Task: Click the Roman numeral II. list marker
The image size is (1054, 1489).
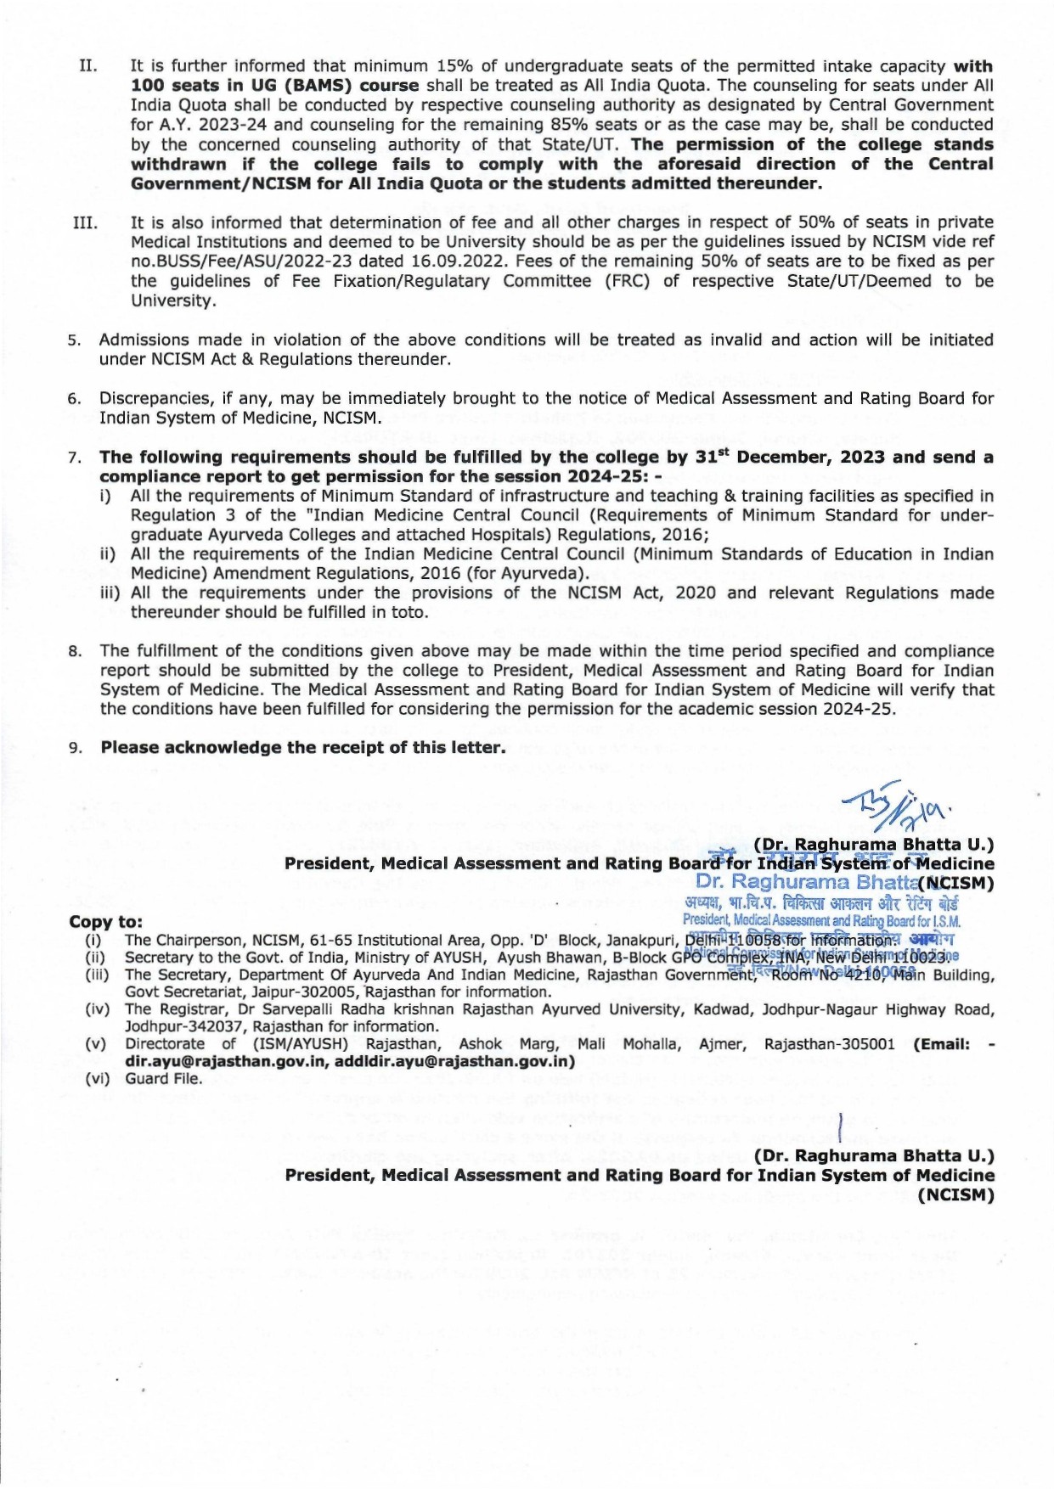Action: click(x=87, y=66)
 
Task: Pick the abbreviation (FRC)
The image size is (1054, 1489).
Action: click(x=625, y=281)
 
